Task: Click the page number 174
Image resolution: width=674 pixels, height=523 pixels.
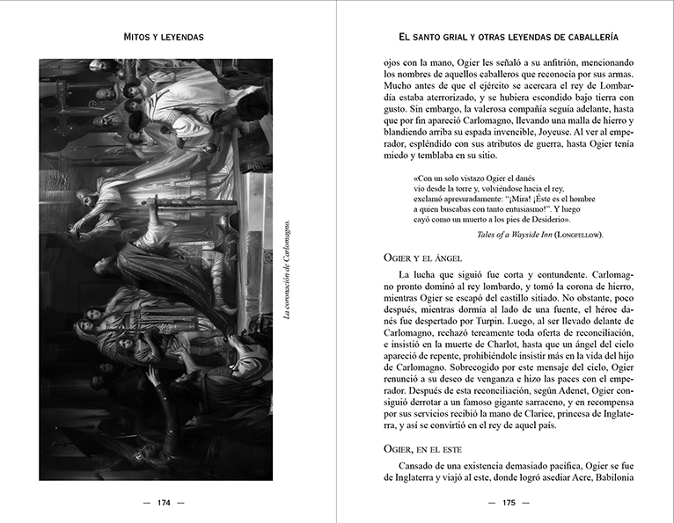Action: (x=165, y=503)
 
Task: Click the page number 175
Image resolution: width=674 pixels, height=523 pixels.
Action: (x=509, y=503)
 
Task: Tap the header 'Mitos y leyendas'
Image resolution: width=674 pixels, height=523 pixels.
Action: (x=165, y=38)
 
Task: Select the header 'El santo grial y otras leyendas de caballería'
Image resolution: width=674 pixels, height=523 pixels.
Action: (x=508, y=38)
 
